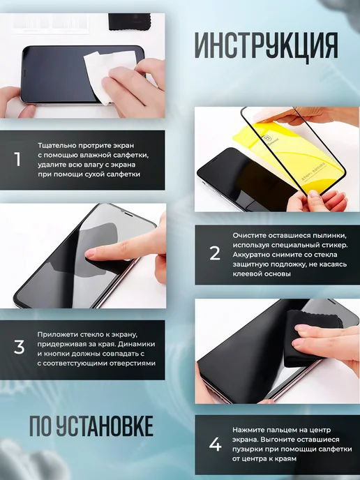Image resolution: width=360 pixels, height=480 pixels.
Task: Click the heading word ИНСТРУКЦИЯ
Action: tap(267, 46)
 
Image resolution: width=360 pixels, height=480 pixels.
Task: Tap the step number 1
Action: tap(17, 159)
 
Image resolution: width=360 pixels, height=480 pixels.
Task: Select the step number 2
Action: tap(215, 253)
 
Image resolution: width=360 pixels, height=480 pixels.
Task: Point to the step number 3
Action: tap(19, 347)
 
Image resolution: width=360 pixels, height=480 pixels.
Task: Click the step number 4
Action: tap(215, 444)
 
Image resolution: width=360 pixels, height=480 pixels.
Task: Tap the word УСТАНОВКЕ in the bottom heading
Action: tap(105, 426)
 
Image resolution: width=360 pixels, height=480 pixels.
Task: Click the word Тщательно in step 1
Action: tap(57, 145)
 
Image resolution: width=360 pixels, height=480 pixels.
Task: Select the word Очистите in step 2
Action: tap(249, 235)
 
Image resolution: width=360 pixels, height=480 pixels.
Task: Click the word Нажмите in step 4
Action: tap(248, 430)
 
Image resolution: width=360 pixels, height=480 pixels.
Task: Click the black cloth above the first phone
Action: tap(130, 22)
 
